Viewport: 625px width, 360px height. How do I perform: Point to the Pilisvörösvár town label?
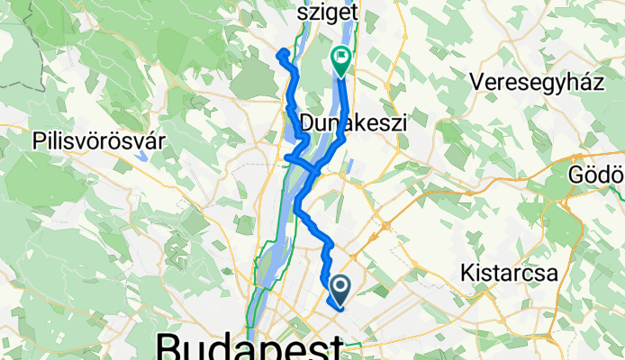(90, 141)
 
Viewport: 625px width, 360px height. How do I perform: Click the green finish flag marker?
(342, 59)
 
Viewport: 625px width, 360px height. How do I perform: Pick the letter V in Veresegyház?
(476, 82)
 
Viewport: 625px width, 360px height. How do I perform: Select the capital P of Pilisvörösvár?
(37, 141)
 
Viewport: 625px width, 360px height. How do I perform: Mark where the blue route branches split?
(314, 168)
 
